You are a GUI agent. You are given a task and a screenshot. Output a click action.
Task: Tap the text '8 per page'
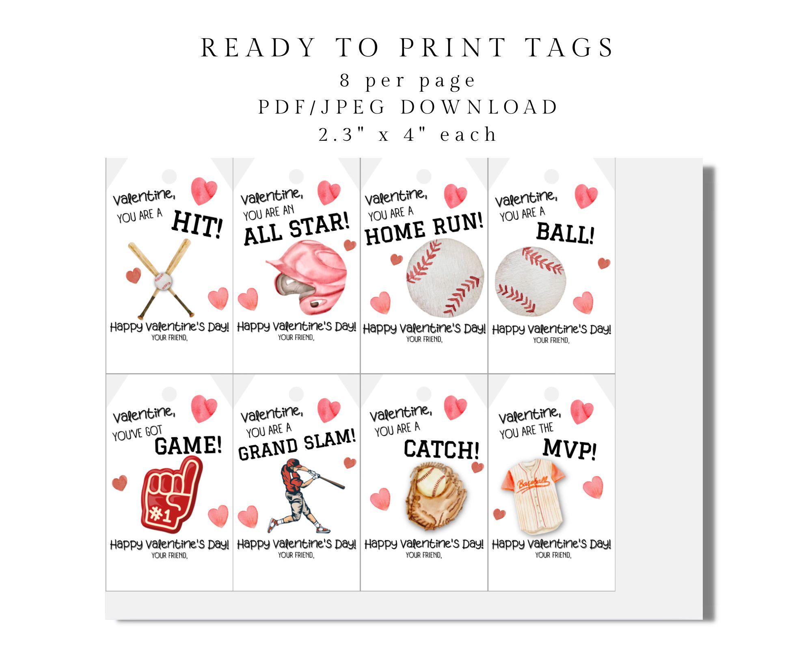(408, 80)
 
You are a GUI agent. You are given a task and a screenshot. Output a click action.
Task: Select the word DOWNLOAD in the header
(479, 107)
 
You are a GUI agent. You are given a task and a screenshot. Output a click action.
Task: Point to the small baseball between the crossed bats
(163, 281)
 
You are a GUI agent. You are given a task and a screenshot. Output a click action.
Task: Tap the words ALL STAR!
(296, 230)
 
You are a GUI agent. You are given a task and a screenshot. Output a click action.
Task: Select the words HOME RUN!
(424, 229)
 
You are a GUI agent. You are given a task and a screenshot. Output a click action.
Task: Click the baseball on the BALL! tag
(530, 281)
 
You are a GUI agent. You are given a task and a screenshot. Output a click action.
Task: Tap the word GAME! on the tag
(188, 445)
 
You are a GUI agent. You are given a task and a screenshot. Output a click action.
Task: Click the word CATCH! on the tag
(441, 449)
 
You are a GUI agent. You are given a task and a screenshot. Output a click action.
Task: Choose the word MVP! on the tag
(570, 449)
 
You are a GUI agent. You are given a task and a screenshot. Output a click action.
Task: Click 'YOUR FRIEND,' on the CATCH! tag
(424, 555)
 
